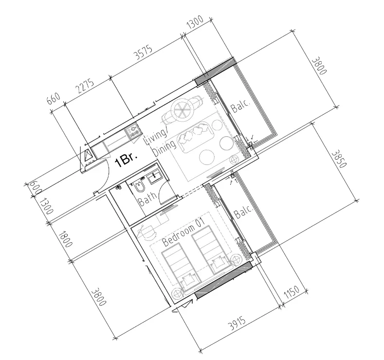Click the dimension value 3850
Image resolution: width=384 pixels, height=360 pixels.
click(338, 159)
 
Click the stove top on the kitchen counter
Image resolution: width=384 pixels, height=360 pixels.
click(132, 130)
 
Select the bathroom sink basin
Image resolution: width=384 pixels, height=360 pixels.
click(155, 176)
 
